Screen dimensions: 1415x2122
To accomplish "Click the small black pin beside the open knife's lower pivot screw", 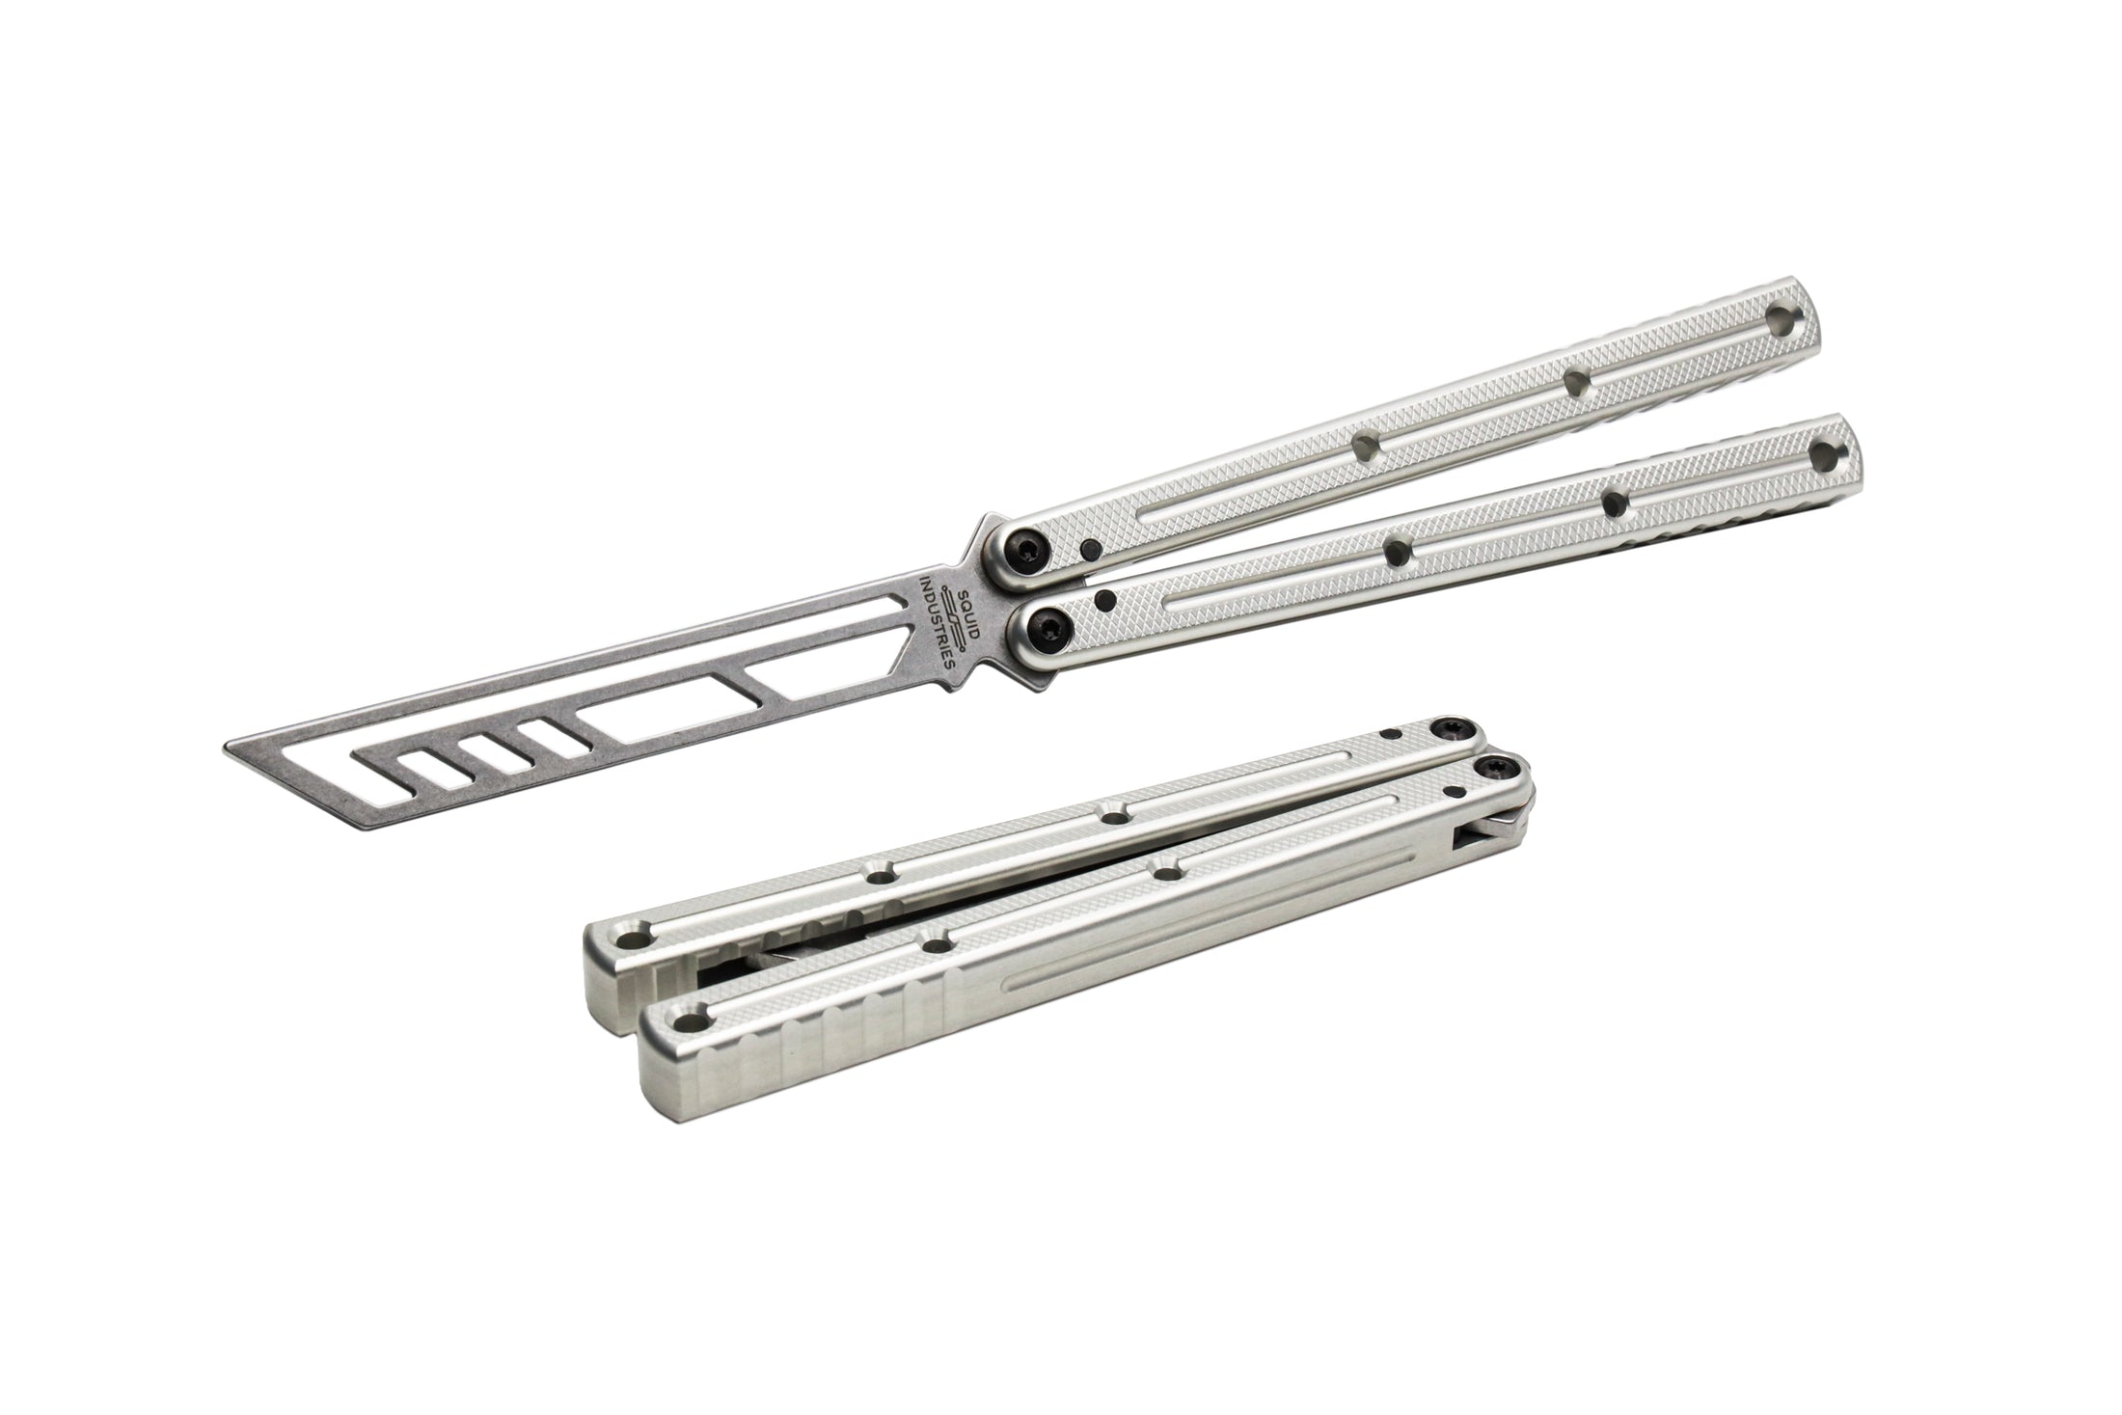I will (x=1106, y=598).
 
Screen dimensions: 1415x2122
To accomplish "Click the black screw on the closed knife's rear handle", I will (x=1450, y=730).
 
